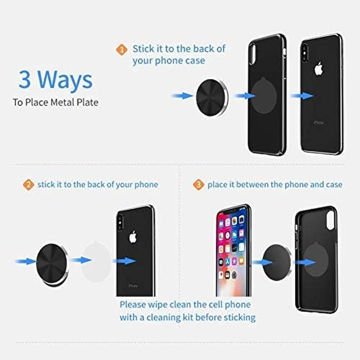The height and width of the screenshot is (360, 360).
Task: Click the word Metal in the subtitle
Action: pos(65,103)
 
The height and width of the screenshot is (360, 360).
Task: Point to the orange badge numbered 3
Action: pos(198,184)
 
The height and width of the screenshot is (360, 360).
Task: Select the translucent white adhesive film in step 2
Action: pos(96,261)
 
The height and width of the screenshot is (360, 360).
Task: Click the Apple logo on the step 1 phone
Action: pos(319,69)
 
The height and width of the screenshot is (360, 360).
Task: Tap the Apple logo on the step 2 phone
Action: pos(133,237)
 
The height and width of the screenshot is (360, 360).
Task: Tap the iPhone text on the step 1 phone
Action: pos(319,122)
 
